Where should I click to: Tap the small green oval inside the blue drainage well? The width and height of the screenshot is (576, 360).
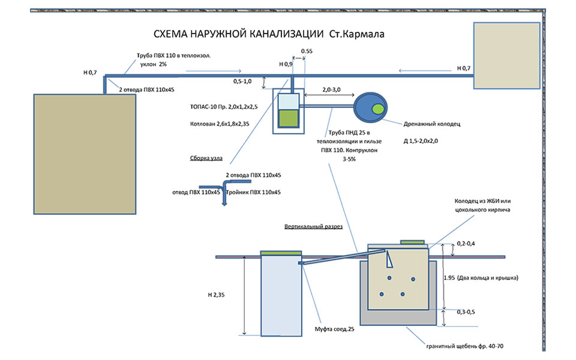[379, 109]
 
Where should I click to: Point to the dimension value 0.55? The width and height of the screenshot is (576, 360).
[306, 52]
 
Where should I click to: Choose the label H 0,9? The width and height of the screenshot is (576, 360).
[286, 64]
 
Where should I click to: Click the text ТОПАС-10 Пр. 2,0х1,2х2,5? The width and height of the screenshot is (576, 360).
[223, 108]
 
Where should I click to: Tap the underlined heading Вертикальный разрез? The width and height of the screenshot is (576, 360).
[313, 228]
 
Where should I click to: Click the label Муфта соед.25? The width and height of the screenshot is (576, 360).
[334, 329]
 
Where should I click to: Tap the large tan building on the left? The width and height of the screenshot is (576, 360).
[84, 153]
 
